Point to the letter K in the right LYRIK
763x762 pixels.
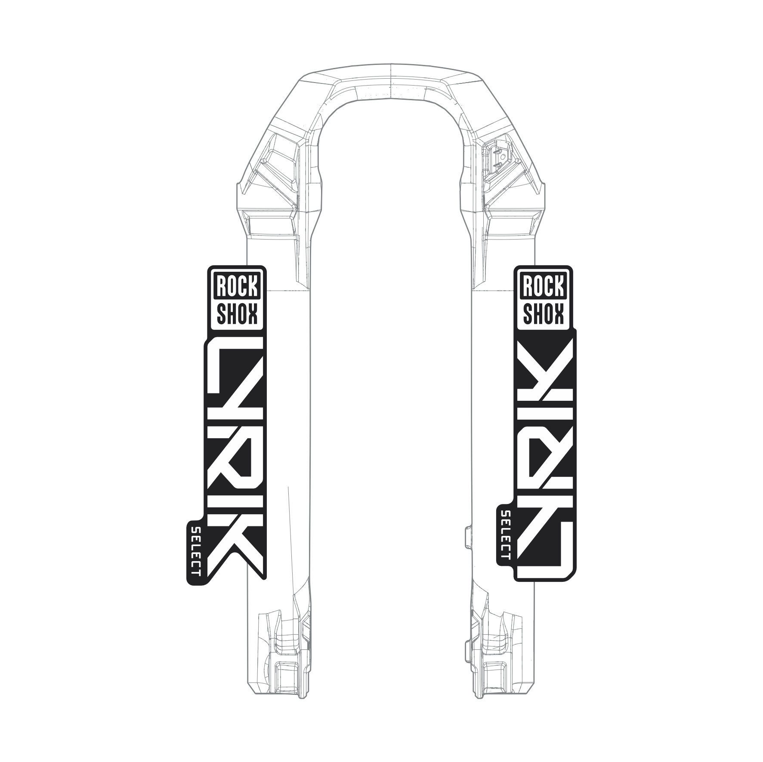tap(545, 366)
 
